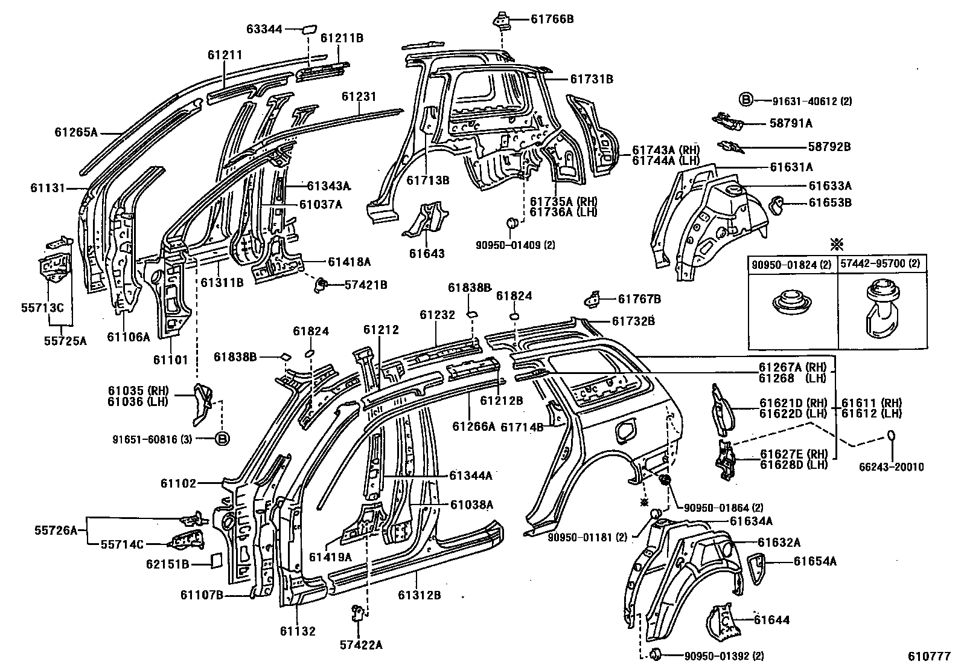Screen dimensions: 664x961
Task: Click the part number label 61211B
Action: coord(341,38)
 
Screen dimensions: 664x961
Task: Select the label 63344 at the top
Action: coord(264,28)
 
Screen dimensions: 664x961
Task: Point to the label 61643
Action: coord(426,254)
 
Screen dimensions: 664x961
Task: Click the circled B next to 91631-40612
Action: coord(746,100)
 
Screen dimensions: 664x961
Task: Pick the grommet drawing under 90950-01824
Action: coord(792,303)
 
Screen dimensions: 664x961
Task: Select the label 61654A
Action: coord(815,561)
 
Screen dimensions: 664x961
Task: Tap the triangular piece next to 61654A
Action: coord(756,569)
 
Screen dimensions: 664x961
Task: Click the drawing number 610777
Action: coord(930,656)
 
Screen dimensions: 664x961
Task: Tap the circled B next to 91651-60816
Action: coord(222,439)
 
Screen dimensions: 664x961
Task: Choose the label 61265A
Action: coord(75,131)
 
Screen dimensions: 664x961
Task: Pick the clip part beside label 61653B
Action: coord(778,204)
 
